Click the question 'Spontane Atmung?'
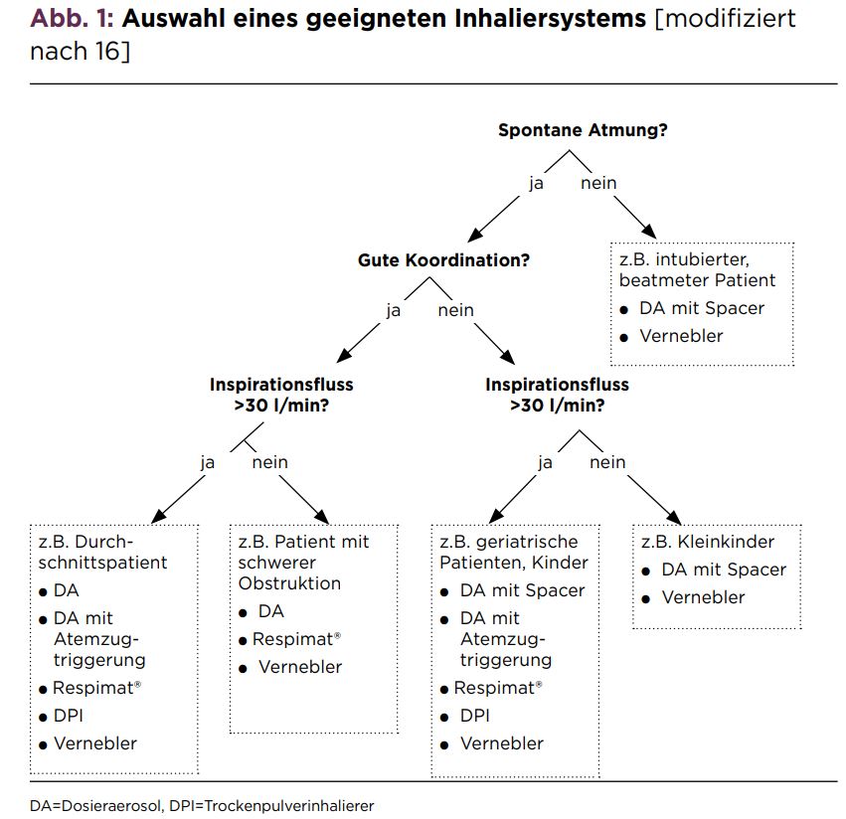pos(583,130)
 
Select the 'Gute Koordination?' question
pos(443,260)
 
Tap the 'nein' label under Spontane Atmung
pos(598,183)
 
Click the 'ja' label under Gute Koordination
pos(394,311)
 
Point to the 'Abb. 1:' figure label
pos(72,18)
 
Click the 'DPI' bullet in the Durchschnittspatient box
pos(68,716)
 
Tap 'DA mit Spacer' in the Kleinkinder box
pos(724,570)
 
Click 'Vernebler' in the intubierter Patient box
pos(681,336)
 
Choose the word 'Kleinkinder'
pos(726,541)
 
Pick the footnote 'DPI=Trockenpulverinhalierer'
pos(271,806)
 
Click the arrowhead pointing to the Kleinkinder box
pos(674,517)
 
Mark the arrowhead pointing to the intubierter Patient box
pos(648,231)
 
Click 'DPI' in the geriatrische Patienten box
pos(475,716)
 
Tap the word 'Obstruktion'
pos(289,583)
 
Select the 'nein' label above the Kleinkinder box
pos(607,462)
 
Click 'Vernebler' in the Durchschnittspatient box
pos(95,743)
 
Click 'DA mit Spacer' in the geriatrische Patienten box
pos(522,590)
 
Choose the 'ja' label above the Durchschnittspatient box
pos(208,463)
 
